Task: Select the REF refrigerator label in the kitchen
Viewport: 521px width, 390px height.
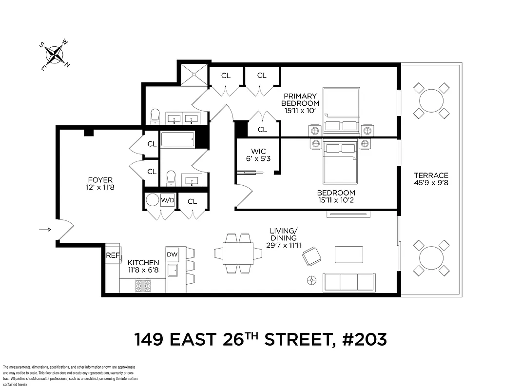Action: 113,255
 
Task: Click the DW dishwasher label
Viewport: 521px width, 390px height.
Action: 173,254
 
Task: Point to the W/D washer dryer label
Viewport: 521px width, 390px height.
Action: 168,200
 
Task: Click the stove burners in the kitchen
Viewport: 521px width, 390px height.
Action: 143,286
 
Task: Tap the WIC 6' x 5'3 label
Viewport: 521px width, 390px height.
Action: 258,155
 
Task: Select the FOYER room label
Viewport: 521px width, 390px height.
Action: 100,183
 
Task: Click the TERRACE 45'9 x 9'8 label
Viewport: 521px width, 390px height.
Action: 431,179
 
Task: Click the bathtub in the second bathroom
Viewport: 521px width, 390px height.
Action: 177,139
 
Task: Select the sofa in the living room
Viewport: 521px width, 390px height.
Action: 349,282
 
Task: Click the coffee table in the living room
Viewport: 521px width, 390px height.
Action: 348,254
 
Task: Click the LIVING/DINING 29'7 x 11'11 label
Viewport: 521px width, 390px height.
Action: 283,238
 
